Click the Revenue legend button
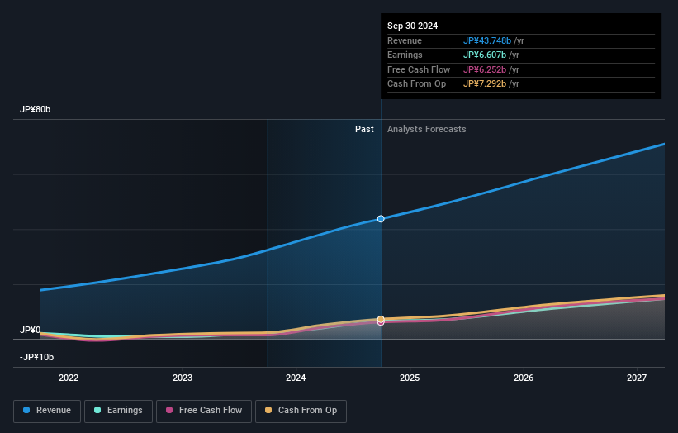click(x=46, y=410)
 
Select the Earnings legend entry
click(x=118, y=410)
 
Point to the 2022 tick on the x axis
click(x=69, y=378)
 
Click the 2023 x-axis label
click(x=183, y=378)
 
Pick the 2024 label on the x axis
click(x=296, y=378)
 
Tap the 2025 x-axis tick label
click(x=410, y=378)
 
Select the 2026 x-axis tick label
click(x=524, y=378)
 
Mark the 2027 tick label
click(x=637, y=378)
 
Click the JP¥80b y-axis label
click(x=36, y=110)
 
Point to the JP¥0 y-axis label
click(x=31, y=330)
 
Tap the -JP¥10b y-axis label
click(x=36, y=357)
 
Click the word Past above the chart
click(x=364, y=129)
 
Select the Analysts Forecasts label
click(x=426, y=129)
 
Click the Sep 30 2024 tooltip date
click(x=413, y=26)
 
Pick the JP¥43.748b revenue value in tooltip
click(x=491, y=40)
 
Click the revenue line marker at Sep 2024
click(x=381, y=219)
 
